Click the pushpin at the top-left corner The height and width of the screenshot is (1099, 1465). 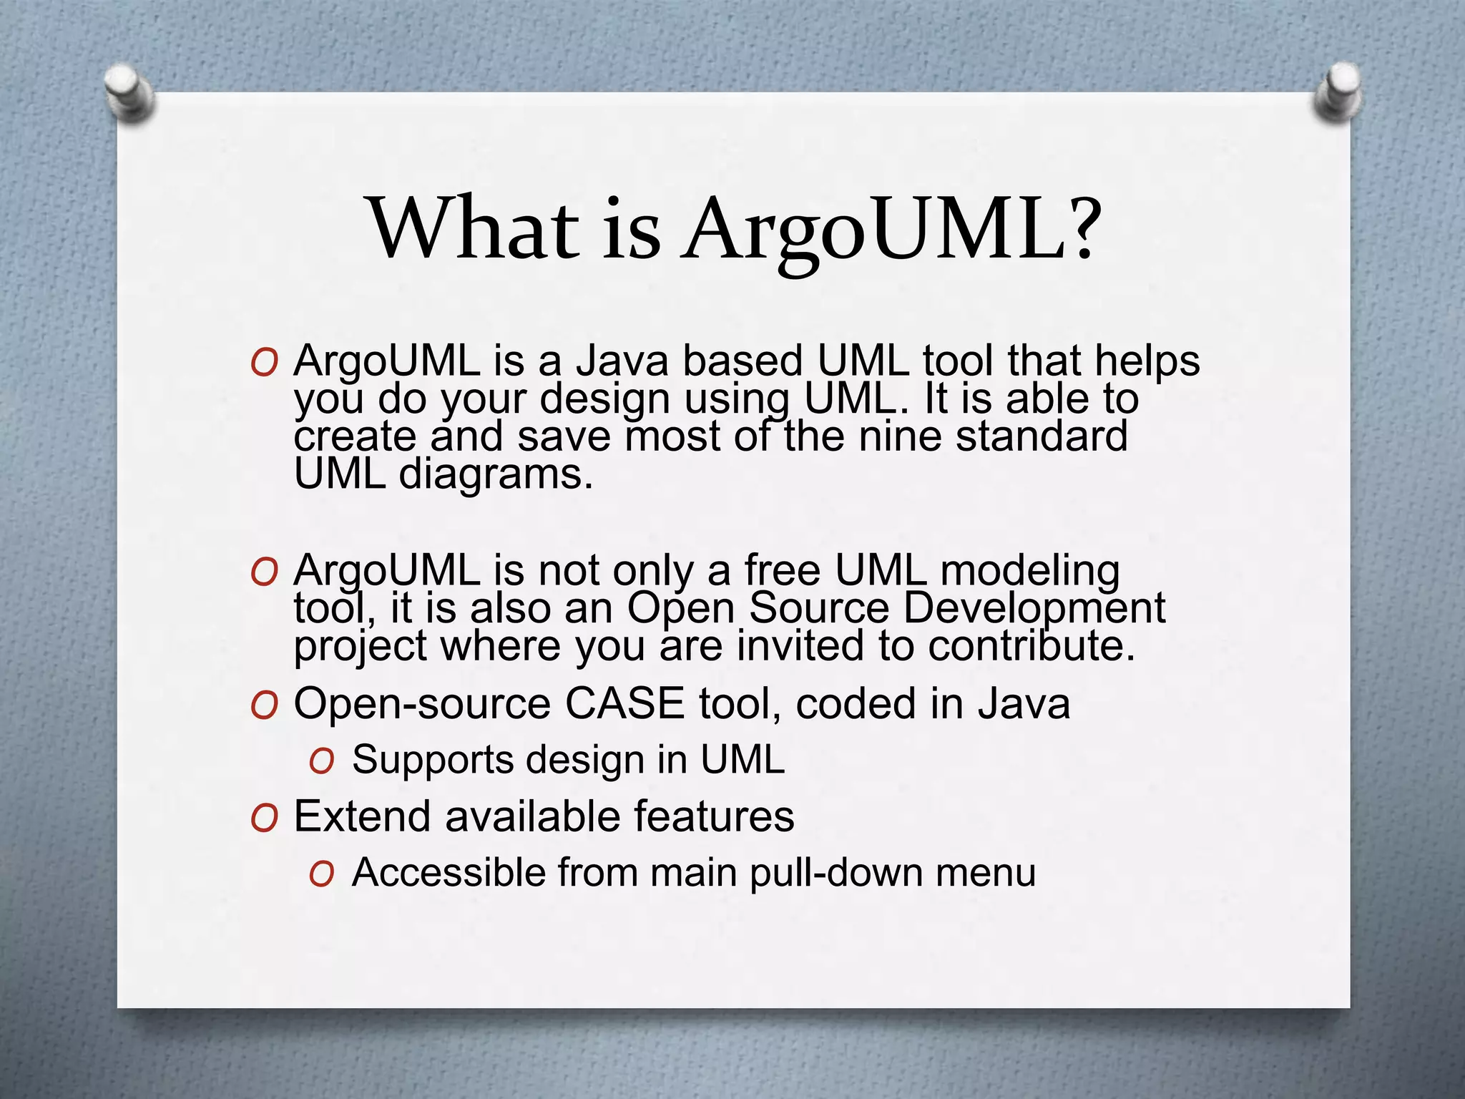pyautogui.click(x=128, y=92)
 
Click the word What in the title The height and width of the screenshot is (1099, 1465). pyautogui.click(x=473, y=228)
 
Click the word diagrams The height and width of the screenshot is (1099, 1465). pyautogui.click(x=496, y=474)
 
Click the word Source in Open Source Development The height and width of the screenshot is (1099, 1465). pyautogui.click(x=819, y=609)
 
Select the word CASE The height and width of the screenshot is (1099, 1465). pyautogui.click(x=624, y=703)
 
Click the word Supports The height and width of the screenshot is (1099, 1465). pyautogui.click(x=432, y=760)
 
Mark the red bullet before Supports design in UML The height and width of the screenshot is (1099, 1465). pyautogui.click(x=321, y=763)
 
